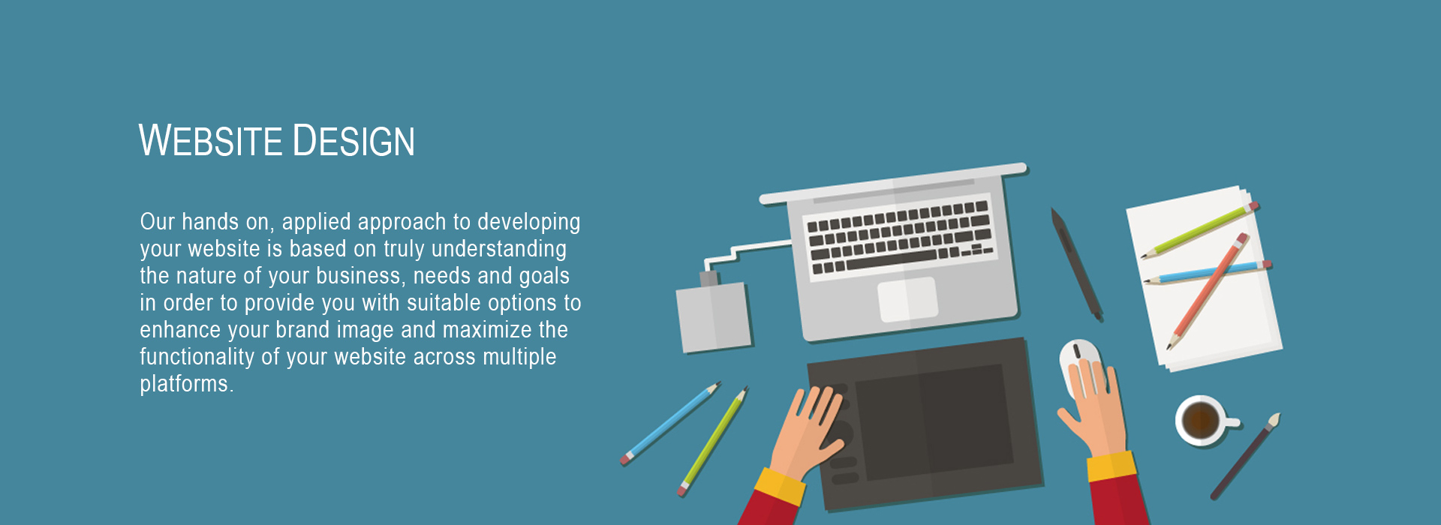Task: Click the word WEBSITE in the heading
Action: (210, 140)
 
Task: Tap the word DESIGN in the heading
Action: (353, 140)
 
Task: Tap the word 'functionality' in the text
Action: (197, 358)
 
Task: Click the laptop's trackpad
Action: (907, 299)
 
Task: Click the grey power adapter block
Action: (713, 316)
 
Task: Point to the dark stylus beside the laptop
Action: (1077, 264)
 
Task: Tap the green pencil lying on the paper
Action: (1199, 229)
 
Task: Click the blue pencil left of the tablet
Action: (670, 423)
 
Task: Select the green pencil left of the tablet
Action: (713, 441)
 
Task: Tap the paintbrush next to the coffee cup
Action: (1245, 456)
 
